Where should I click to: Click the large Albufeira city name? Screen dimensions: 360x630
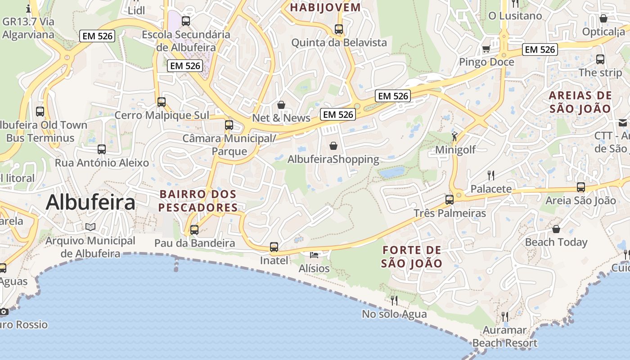point(90,202)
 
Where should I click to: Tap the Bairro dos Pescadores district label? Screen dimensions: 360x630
point(198,201)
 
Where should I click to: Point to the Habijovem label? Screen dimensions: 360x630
point(325,7)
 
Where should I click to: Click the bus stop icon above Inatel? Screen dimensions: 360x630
point(274,247)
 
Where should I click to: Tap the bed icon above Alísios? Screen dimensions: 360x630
point(314,255)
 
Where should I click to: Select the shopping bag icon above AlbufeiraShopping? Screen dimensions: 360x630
point(333,146)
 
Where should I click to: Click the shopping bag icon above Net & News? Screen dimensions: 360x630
point(281,105)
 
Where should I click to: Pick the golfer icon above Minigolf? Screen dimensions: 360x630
point(455,135)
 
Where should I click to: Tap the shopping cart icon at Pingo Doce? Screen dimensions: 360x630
point(486,49)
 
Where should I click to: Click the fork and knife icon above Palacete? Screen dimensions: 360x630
point(491,175)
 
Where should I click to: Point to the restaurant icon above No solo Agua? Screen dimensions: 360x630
point(394,300)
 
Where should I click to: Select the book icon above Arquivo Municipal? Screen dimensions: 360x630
point(90,227)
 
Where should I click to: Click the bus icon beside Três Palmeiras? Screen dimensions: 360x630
point(449,199)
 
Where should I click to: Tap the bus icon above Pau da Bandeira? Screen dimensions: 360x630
point(194,229)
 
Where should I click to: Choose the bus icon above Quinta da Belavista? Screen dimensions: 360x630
point(339,29)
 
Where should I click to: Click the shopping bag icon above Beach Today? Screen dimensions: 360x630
point(556,229)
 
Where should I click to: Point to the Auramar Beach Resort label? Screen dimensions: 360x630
point(504,337)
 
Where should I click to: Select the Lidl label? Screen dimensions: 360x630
point(137,10)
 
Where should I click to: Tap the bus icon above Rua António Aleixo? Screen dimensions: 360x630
point(102,149)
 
